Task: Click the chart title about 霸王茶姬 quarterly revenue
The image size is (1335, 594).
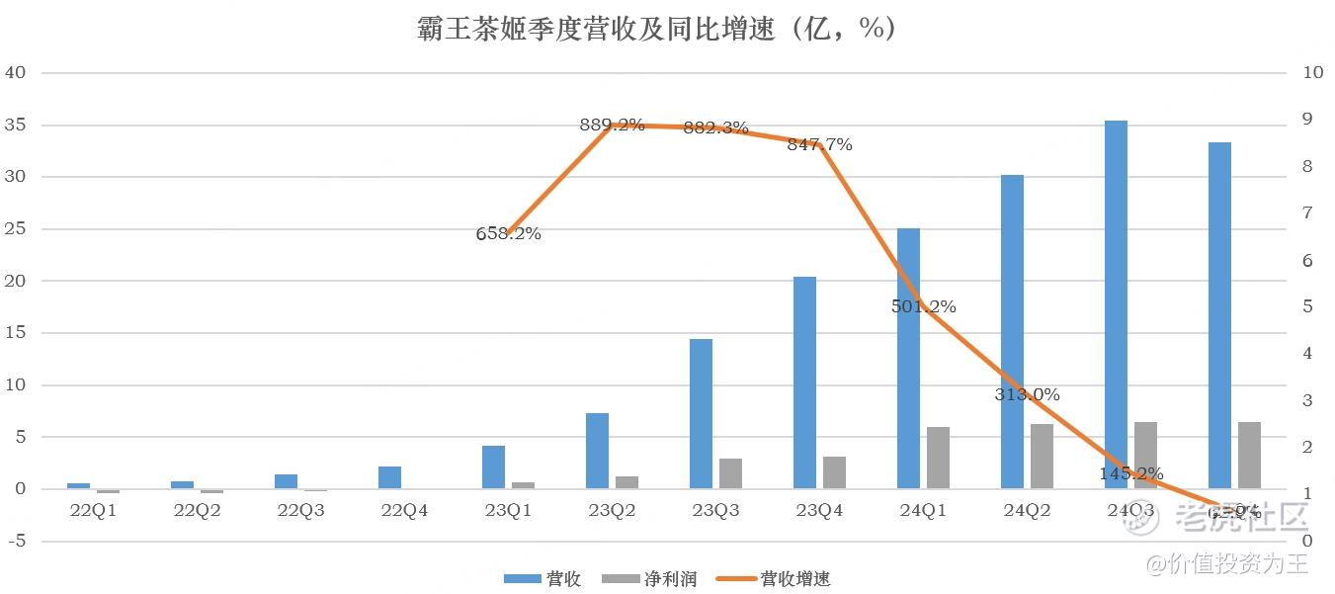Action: tap(657, 30)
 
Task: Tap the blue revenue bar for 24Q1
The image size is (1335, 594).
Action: tap(908, 358)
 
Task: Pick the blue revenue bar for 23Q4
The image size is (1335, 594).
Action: tap(804, 382)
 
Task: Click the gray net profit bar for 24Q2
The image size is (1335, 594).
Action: tap(1042, 456)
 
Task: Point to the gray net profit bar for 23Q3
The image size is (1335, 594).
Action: tap(730, 473)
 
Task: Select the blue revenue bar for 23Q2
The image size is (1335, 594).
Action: tap(597, 451)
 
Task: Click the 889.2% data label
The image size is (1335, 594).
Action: tap(612, 126)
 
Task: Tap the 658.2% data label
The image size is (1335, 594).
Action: tap(508, 234)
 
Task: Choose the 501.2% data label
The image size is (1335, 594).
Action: tap(923, 307)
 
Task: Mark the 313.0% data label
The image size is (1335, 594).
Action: tap(1027, 395)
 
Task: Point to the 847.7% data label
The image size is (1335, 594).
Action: tap(819, 145)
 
